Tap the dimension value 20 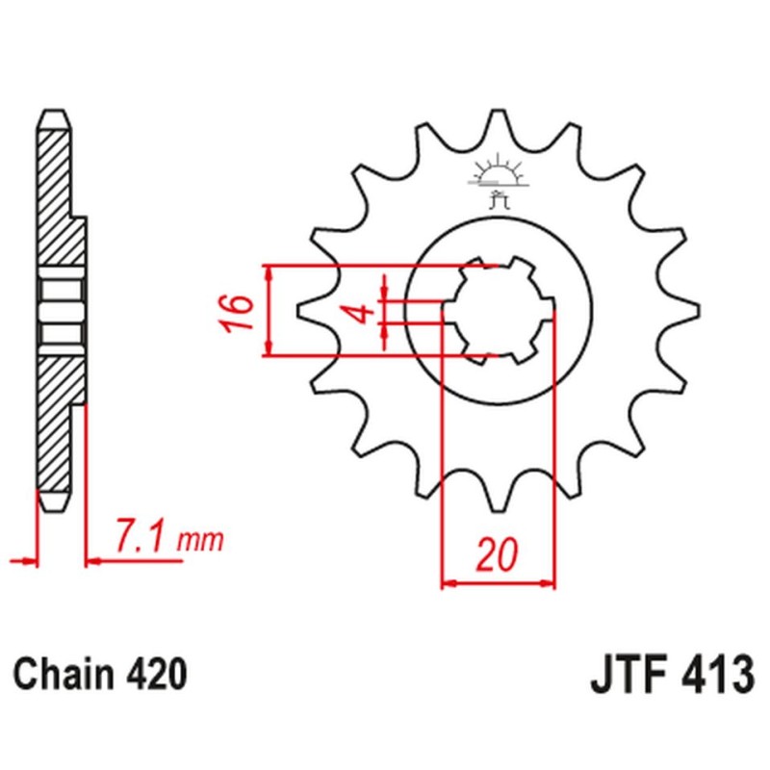(498, 555)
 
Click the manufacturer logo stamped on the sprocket (498, 182)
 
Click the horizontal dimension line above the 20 (498, 581)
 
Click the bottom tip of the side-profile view (54, 505)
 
